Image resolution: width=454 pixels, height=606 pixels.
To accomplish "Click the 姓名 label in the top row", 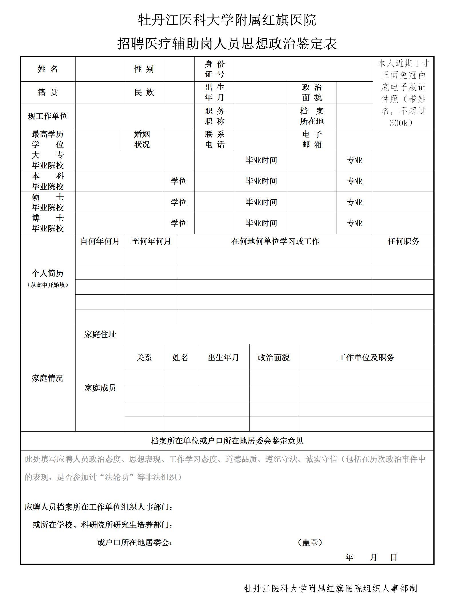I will tap(48, 69).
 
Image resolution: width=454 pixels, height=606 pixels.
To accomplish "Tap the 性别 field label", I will tap(144, 69).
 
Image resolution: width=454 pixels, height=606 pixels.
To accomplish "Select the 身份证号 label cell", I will tap(215, 69).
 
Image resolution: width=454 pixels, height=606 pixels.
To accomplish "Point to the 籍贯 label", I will tap(48, 92).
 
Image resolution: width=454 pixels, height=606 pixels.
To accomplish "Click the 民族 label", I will tap(144, 92).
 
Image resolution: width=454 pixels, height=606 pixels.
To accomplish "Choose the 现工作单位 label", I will tap(48, 116).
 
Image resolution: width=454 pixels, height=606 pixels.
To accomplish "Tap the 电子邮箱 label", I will tap(312, 139).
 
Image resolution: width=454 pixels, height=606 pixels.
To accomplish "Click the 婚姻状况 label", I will tap(142, 139).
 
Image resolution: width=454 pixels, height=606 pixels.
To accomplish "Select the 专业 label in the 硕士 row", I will tap(354, 202).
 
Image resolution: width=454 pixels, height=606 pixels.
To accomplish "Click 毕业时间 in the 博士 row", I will tap(261, 223).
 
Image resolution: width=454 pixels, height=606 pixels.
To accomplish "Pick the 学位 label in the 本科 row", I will tap(179, 181).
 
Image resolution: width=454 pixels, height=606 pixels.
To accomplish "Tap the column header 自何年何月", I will tap(100, 241).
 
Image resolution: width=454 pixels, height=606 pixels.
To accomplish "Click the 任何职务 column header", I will tap(403, 241).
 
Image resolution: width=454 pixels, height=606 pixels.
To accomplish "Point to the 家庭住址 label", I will tap(100, 334).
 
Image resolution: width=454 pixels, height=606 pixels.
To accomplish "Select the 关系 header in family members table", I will tap(144, 357).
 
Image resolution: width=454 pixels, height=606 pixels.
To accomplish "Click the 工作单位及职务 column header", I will tap(366, 357).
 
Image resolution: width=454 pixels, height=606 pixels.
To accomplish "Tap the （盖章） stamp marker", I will tap(310, 542).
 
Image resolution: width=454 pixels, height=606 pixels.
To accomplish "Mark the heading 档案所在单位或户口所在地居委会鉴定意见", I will tap(227, 441).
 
